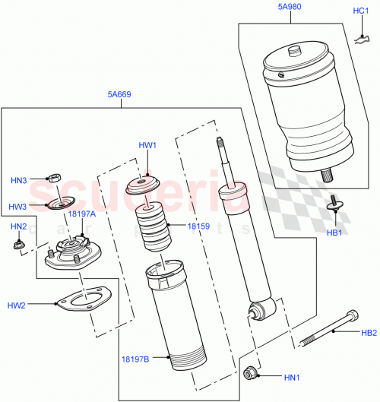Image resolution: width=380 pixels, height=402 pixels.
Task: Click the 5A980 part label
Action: (289, 7)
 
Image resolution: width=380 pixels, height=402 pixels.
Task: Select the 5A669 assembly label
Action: (119, 95)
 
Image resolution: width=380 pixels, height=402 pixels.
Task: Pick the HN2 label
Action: (18, 226)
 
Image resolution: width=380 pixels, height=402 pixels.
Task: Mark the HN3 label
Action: (18, 180)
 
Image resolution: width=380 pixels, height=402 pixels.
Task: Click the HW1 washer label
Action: (147, 146)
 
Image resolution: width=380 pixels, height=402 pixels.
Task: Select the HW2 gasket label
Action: (17, 305)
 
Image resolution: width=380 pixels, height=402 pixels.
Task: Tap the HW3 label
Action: (18, 206)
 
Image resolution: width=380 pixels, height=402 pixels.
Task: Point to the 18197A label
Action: (81, 214)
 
